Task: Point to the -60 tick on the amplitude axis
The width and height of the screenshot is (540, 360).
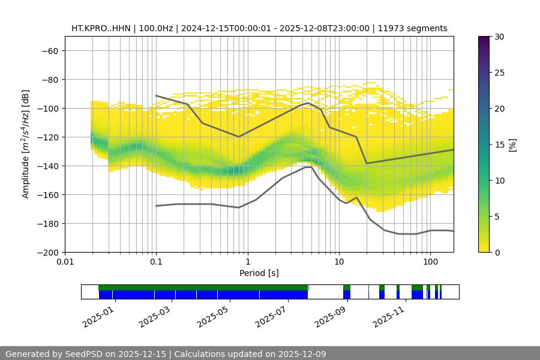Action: (49, 51)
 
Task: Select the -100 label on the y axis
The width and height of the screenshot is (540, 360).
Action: (47, 109)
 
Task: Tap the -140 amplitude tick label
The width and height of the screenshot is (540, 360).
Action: (47, 166)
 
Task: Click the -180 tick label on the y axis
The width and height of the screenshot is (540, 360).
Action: (47, 224)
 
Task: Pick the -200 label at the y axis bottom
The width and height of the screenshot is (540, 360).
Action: (47, 253)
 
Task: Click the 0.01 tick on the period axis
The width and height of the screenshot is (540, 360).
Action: (65, 262)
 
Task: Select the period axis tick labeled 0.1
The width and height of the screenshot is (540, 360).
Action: (156, 262)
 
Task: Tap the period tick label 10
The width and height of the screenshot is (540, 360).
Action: (338, 262)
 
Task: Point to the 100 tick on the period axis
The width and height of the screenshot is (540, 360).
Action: (430, 262)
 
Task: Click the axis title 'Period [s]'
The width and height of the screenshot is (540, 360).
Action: (259, 273)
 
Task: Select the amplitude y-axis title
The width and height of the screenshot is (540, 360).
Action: (25, 145)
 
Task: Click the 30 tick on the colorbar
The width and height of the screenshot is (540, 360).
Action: (499, 37)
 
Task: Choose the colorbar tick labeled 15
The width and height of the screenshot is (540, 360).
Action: (499, 145)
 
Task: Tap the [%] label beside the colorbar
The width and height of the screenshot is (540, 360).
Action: (512, 145)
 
